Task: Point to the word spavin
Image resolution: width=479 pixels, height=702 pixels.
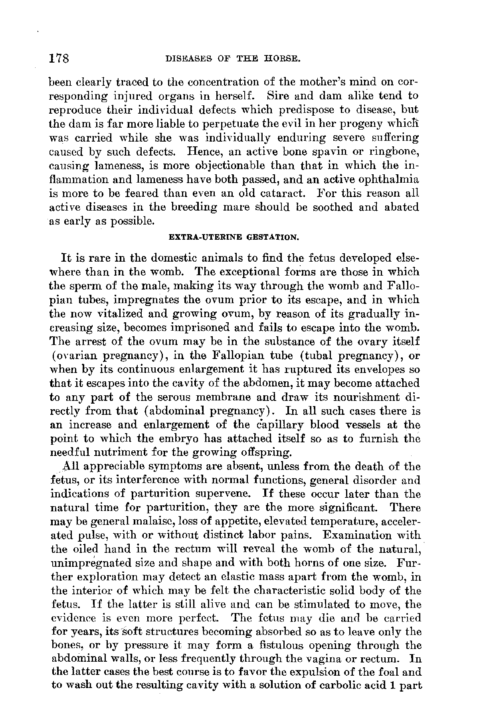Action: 317,152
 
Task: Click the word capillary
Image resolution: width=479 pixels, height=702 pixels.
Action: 282,425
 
